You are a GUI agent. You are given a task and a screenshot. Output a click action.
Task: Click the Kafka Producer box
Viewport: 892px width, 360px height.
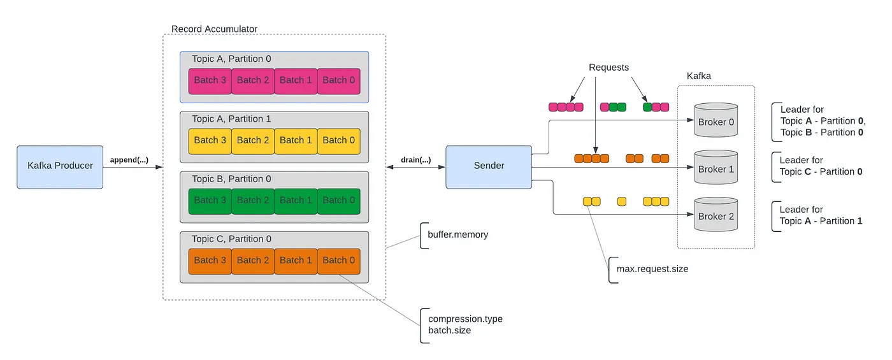[x=60, y=166]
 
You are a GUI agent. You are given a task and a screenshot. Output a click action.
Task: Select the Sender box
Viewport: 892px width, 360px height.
[x=489, y=166]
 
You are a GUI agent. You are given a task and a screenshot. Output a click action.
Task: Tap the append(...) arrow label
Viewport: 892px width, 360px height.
[x=129, y=160]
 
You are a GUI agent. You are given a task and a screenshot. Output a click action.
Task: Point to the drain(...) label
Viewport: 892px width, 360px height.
[x=415, y=160]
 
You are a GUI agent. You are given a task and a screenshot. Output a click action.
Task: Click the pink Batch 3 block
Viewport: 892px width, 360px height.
[x=210, y=80]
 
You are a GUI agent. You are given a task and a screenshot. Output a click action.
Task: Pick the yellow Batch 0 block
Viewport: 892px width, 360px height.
[x=338, y=140]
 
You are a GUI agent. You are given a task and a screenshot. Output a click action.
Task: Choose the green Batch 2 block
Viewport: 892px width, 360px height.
[x=252, y=200]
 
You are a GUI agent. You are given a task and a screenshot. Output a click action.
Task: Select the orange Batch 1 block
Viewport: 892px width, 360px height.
[x=296, y=260]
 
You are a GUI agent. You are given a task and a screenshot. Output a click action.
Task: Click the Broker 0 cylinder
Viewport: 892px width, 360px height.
[x=716, y=121]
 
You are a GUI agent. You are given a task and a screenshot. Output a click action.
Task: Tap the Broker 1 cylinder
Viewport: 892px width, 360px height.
[x=716, y=168]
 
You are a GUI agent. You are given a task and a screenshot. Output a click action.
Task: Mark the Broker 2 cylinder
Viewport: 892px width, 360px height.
[x=716, y=215]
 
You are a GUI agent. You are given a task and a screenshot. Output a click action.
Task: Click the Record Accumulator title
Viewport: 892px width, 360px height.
[x=214, y=29]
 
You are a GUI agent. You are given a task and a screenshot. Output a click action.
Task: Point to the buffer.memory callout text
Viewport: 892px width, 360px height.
[x=454, y=234]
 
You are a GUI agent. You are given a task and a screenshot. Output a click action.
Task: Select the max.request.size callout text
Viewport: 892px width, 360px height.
[x=652, y=269]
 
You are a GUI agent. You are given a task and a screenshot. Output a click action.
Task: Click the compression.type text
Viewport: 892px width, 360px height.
[x=465, y=319]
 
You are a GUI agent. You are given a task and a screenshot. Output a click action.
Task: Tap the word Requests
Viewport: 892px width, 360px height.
[x=608, y=67]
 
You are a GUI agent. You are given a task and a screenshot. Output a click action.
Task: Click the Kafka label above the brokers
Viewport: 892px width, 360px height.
[x=698, y=76]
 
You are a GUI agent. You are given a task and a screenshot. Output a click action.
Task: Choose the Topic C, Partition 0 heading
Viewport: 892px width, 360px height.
[x=231, y=239]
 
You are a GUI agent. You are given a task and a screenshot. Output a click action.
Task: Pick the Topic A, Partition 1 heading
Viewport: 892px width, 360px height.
[x=231, y=119]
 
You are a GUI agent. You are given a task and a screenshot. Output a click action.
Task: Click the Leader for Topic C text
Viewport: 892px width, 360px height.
[x=821, y=166]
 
